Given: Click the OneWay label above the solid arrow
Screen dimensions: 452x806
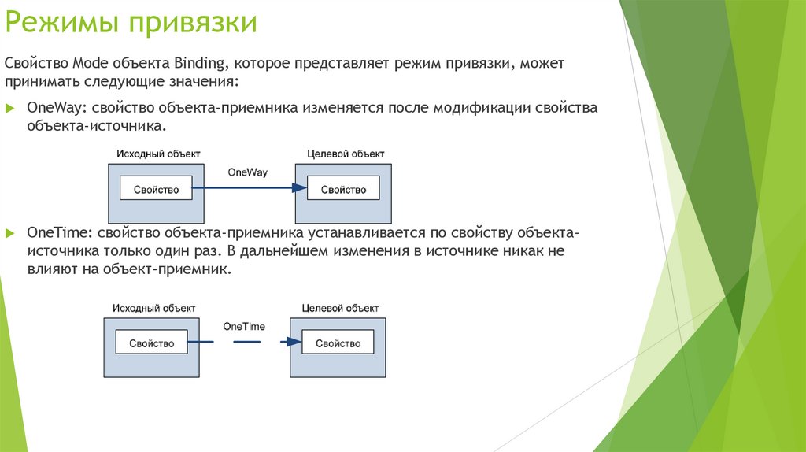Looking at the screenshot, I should (x=247, y=172).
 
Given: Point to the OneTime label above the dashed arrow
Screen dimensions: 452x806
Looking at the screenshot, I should (x=244, y=326).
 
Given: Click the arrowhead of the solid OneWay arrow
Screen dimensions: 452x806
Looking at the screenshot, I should (x=298, y=188).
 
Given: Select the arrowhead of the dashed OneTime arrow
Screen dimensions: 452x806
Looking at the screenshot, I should (x=293, y=342).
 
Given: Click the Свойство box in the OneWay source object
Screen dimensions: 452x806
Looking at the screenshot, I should (x=156, y=189).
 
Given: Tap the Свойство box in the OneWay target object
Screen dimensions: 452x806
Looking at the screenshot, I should (x=343, y=189).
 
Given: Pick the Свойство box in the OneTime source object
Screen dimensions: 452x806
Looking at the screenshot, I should (x=151, y=343).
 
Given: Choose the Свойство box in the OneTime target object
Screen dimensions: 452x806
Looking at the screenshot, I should (x=338, y=343).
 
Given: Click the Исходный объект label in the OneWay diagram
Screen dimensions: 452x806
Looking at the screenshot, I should (x=159, y=154).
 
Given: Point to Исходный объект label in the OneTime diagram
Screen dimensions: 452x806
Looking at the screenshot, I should (x=153, y=308).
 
